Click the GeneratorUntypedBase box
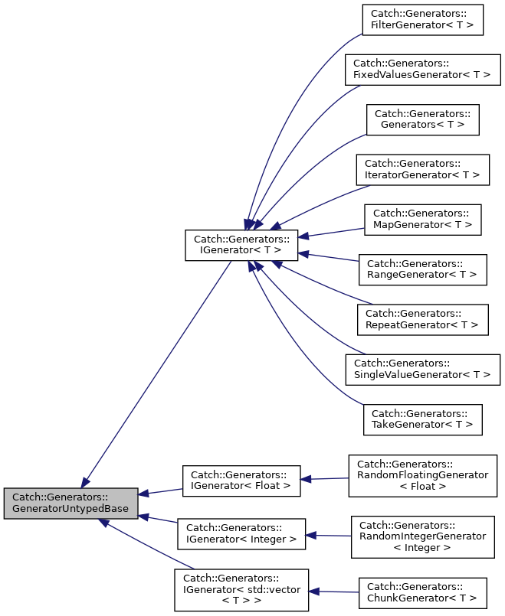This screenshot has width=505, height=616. click(x=71, y=503)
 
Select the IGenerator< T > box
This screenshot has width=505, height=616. click(x=241, y=243)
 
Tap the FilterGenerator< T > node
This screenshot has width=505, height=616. click(x=422, y=19)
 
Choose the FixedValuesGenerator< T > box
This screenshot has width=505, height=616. click(x=422, y=70)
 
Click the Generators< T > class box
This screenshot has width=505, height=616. click(x=422, y=119)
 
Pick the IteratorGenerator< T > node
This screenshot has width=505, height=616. click(x=422, y=169)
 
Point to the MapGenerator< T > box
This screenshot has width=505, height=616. click(x=422, y=219)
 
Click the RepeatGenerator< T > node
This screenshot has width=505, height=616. click(x=422, y=318)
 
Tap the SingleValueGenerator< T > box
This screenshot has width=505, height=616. click(x=422, y=369)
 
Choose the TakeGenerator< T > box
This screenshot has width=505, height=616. click(x=422, y=419)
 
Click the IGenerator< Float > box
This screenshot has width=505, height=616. click(x=241, y=480)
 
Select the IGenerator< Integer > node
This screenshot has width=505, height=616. click(x=241, y=533)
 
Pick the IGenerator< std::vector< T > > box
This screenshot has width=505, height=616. click(x=241, y=589)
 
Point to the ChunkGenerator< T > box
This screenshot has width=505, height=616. click(x=422, y=593)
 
